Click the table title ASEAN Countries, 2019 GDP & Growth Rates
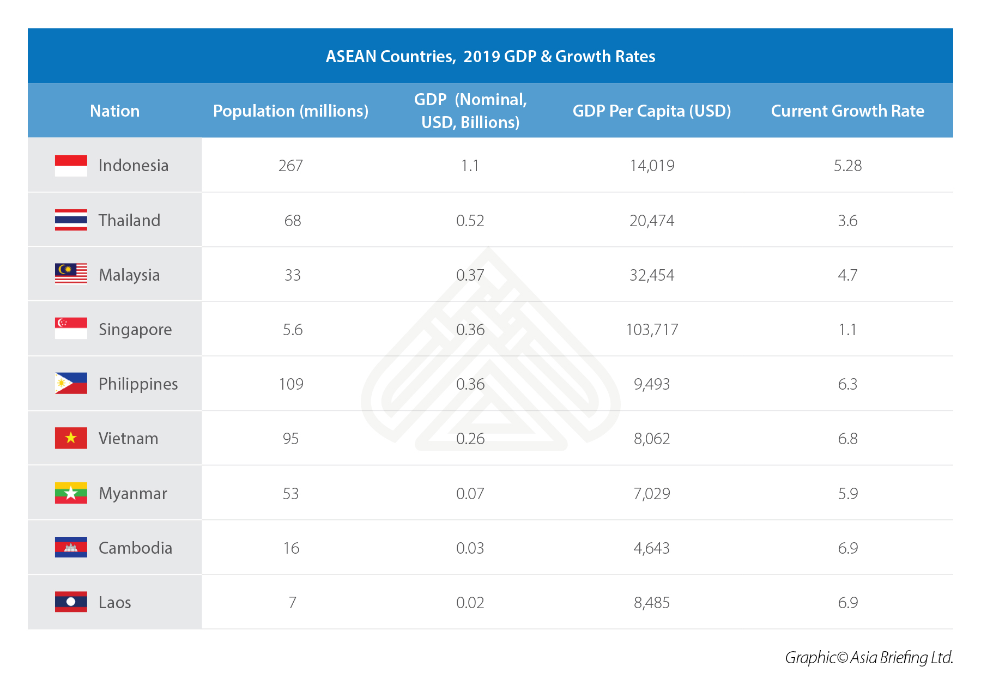491,56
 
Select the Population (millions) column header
290,111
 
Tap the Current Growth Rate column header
847,111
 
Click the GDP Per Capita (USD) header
651,111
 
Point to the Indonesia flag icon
71,166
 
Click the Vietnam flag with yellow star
71,438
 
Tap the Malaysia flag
71,274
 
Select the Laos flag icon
71,602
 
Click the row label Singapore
135,330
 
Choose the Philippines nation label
138,384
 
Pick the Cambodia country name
135,548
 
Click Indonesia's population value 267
290,166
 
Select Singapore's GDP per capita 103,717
652,330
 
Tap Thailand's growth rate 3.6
847,221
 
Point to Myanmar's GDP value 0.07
470,494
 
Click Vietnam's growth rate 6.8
847,439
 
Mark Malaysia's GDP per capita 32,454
652,275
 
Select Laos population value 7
292,603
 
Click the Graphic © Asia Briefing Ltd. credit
869,658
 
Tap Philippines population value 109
291,384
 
